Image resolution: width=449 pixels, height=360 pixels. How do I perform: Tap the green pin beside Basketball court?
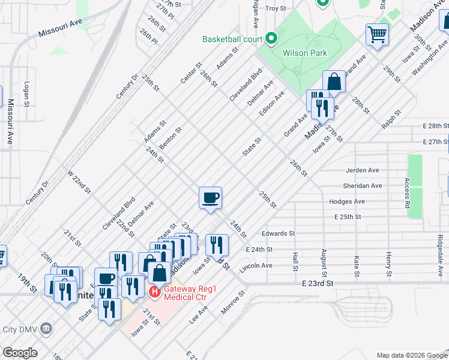click(271, 39)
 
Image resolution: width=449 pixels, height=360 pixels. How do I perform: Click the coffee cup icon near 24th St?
click(210, 198)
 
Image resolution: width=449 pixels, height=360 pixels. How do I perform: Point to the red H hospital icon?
click(154, 292)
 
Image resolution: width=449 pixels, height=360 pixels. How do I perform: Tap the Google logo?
click(20, 352)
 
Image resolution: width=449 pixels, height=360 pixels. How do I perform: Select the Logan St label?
click(26, 95)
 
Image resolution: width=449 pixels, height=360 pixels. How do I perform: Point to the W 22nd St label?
click(79, 182)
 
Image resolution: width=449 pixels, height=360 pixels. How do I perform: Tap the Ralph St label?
click(391, 118)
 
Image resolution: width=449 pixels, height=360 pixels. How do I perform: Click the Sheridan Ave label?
click(362, 186)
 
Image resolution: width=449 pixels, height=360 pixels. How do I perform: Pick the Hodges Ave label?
click(347, 202)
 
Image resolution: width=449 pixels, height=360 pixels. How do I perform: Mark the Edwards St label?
click(279, 233)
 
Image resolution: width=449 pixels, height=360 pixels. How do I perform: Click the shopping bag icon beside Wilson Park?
click(334, 82)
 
